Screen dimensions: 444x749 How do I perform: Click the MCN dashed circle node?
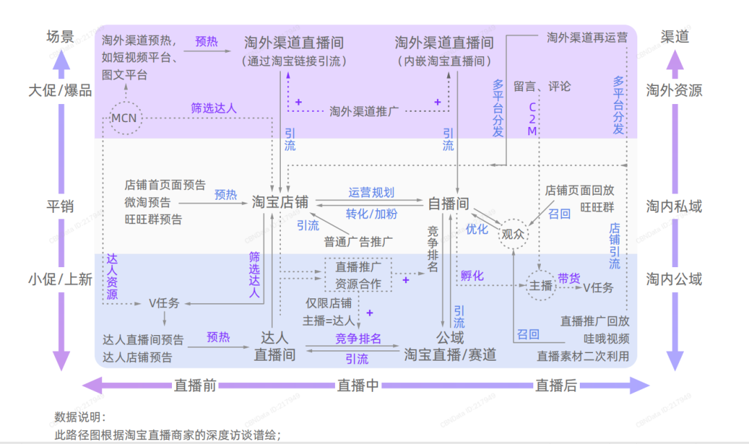click(125, 119)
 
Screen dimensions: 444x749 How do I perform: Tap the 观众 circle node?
click(514, 234)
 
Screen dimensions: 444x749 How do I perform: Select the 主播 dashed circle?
click(540, 286)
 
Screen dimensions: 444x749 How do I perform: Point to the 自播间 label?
click(448, 203)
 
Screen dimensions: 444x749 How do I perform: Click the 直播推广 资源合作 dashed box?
click(358, 275)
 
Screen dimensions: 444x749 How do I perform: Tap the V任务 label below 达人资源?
click(164, 303)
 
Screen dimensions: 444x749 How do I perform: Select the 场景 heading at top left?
click(60, 37)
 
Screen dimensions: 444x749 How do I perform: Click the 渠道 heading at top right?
click(674, 37)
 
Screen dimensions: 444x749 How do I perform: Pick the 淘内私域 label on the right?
click(674, 206)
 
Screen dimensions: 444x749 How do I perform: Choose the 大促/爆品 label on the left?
click(60, 90)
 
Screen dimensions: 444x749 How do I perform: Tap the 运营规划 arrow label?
click(371, 192)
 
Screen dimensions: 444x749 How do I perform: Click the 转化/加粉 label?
click(371, 214)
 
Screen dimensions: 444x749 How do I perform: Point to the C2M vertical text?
click(533, 119)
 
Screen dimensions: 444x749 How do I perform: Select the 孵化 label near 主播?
click(472, 275)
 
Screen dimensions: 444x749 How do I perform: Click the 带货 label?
click(569, 277)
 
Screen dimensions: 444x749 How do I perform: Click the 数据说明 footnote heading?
click(80, 418)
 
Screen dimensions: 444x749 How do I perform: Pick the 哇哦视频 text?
click(605, 339)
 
